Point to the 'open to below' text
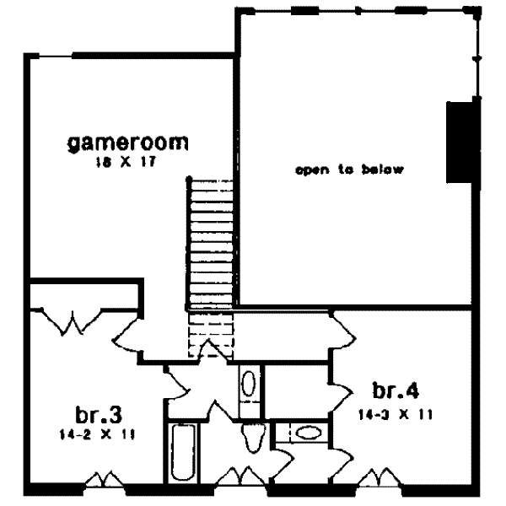(x=350, y=170)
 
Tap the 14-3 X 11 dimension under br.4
(x=396, y=413)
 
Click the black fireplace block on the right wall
(x=458, y=141)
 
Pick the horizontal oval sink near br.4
(x=310, y=434)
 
